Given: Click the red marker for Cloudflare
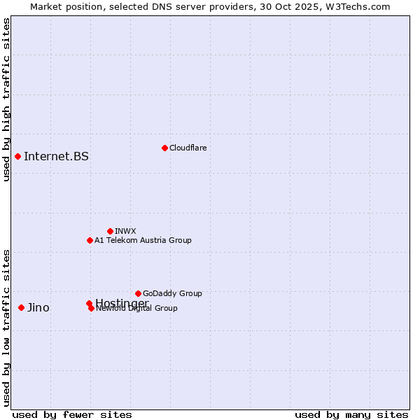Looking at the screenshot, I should (x=164, y=148).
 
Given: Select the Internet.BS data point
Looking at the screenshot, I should (x=17, y=156).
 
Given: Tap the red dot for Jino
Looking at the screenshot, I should (x=22, y=307).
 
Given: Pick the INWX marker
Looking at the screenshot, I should (x=110, y=231).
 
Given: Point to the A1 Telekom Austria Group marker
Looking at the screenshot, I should (x=90, y=240).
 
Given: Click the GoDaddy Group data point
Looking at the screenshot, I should (x=138, y=293).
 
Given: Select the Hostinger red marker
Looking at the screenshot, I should (x=89, y=303).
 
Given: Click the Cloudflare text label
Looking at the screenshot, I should (x=188, y=148).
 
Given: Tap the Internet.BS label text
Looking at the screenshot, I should (x=56, y=156).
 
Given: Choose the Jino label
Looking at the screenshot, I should (x=38, y=307).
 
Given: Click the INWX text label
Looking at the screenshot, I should (x=125, y=231).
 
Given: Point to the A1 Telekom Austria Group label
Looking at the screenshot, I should (x=143, y=240).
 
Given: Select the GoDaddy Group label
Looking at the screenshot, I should (x=172, y=293).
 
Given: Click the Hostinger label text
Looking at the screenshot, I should (x=122, y=303).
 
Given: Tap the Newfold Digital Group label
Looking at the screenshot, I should (x=137, y=308).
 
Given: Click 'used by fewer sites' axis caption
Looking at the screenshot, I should (x=72, y=415).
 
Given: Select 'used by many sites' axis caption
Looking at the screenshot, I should (x=351, y=415).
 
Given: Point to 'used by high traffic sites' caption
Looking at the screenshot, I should (x=7, y=99).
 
